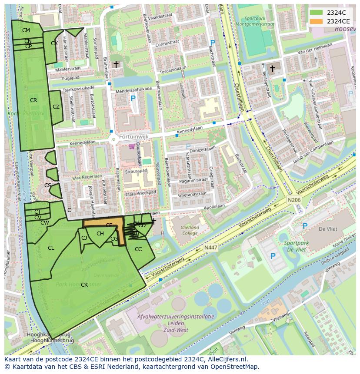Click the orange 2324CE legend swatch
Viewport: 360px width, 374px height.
(x=317, y=21)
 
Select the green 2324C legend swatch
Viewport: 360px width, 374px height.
(x=317, y=13)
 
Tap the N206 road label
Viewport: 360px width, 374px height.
(x=294, y=200)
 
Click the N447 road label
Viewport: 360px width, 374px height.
(x=211, y=247)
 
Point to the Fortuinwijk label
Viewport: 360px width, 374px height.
(x=134, y=137)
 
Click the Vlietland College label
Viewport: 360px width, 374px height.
(x=190, y=230)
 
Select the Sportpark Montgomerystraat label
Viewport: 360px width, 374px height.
(x=259, y=21)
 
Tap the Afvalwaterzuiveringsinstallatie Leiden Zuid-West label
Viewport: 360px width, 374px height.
(x=176, y=323)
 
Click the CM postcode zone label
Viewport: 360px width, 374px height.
(x=26, y=30)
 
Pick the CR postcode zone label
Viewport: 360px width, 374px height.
(x=33, y=100)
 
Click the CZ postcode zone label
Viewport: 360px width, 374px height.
(x=56, y=107)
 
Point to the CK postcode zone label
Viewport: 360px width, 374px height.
(x=84, y=285)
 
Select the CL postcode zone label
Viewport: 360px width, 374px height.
(x=51, y=248)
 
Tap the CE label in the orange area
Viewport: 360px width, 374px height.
(x=109, y=225)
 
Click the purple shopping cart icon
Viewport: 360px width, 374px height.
(x=132, y=147)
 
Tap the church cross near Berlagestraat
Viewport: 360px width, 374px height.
(x=273, y=69)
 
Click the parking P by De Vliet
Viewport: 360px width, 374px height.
(x=305, y=226)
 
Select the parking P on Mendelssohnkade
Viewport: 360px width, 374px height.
(x=133, y=99)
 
